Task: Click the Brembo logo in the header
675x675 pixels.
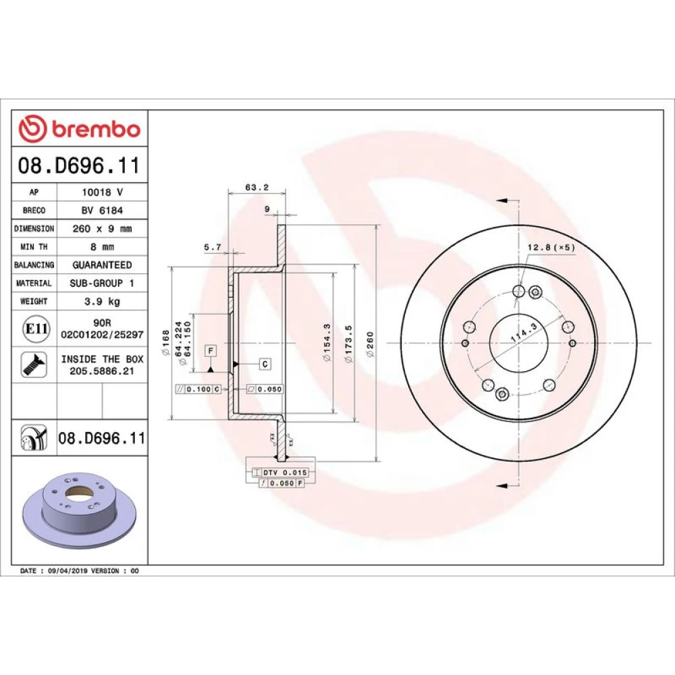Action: tap(80, 129)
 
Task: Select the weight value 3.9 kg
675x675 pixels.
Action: tap(102, 301)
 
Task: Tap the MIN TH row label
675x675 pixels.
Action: tap(34, 246)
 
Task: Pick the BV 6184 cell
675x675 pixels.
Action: tap(102, 210)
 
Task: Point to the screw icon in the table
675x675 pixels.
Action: tap(34, 365)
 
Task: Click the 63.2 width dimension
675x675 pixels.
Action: tap(257, 187)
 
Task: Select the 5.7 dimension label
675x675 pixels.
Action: tap(212, 247)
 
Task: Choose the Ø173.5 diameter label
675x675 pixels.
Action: tap(348, 344)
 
